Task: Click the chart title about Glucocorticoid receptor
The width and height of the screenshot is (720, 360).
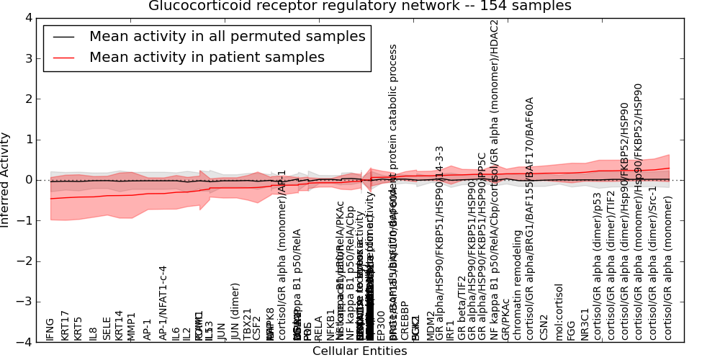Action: pyautogui.click(x=359, y=6)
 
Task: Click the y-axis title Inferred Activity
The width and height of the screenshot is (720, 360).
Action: pyautogui.click(x=6, y=179)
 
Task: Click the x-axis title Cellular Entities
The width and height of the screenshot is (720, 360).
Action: pyautogui.click(x=359, y=351)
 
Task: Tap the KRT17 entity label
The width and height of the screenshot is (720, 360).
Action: pyautogui.click(x=65, y=325)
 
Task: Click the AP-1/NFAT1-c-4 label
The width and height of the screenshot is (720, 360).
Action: pyautogui.click(x=163, y=302)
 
